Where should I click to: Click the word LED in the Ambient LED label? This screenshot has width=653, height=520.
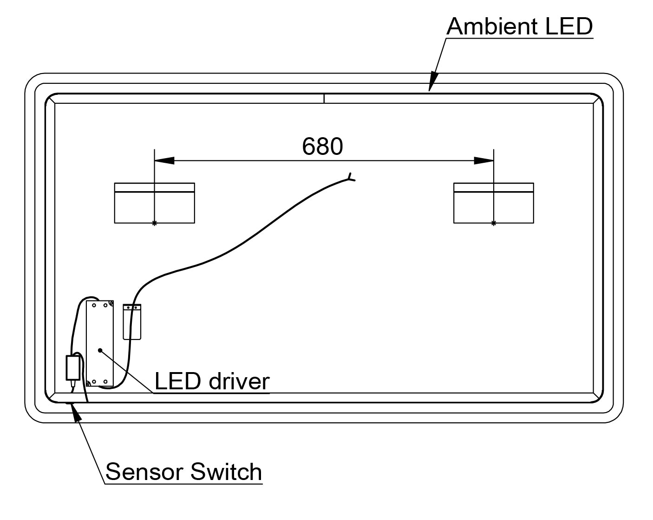[569, 27]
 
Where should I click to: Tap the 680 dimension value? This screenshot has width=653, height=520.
[322, 147]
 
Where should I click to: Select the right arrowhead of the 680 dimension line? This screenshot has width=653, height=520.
[483, 160]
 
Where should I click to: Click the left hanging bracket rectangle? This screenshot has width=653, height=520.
[154, 203]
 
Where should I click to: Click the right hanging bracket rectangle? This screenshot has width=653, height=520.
[493, 203]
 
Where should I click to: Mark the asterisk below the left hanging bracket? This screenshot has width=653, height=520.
[154, 224]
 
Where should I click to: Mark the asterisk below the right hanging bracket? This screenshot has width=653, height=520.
[493, 224]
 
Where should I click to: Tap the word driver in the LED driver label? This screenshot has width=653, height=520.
[239, 381]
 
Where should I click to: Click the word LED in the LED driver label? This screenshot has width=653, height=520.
[177, 381]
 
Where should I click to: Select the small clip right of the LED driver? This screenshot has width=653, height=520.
[132, 321]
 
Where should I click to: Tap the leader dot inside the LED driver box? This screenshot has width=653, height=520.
[99, 349]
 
